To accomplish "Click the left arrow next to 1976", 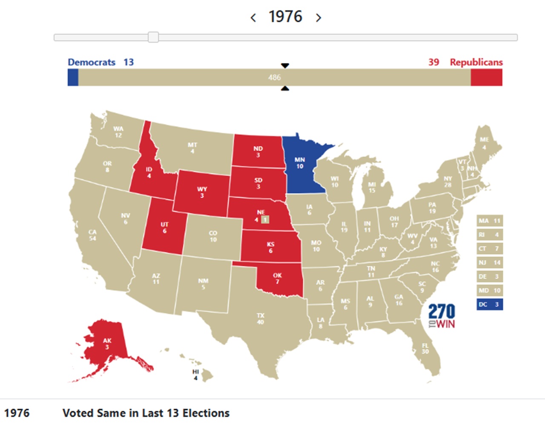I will coord(253,18).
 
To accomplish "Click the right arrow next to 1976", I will coord(318,18).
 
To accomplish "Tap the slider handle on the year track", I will coord(153,37).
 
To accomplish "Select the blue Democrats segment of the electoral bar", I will coord(73,78).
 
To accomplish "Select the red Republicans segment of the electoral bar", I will coord(486,78).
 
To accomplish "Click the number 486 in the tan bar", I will coord(275,78).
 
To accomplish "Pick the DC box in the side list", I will coord(490,304).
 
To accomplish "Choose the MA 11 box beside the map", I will coord(490,221).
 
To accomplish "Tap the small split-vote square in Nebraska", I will coord(265,220).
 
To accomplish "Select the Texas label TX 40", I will coord(261,319).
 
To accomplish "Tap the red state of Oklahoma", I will coord(278,279).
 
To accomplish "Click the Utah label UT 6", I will coord(164,227).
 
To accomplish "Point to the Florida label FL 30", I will coord(425,348).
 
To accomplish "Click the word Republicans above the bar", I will coord(476,62).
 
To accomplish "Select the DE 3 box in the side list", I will coord(490,277).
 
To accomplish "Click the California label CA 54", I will coord(92,235).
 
